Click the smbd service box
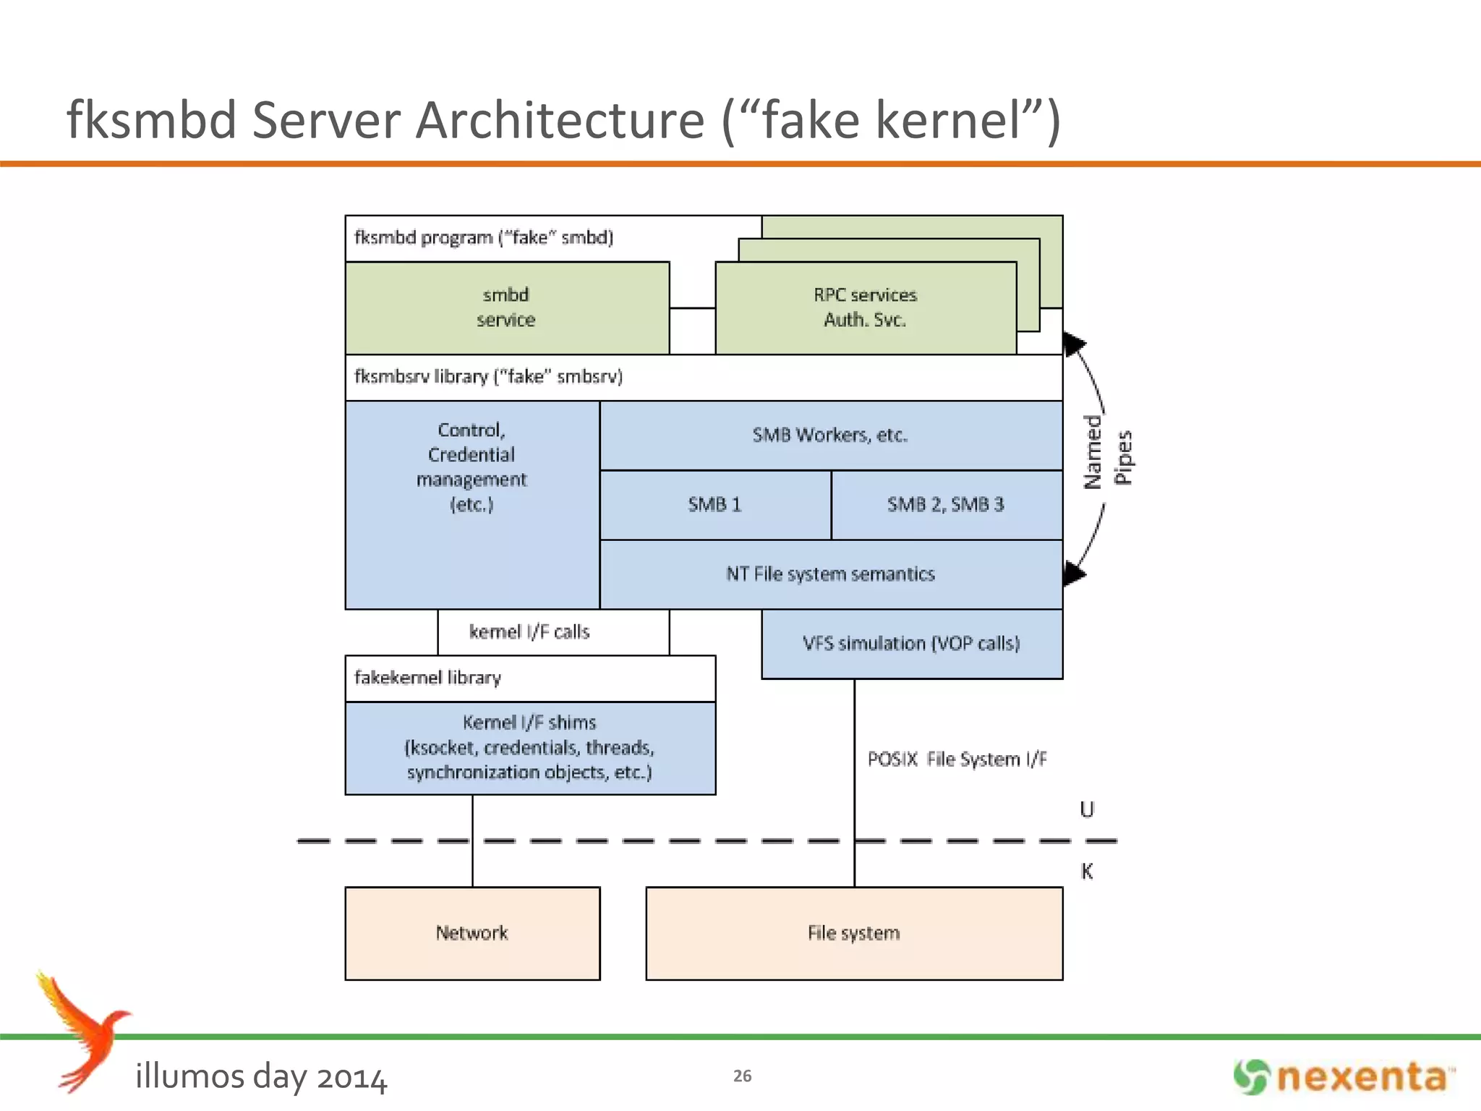click(506, 307)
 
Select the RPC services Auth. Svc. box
click(865, 307)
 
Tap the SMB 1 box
click(714, 505)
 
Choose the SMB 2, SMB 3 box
click(946, 505)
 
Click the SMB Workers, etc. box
click(830, 435)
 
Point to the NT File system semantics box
click(830, 574)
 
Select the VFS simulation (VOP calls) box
click(911, 644)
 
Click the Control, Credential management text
click(471, 467)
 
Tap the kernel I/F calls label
click(529, 632)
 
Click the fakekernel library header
click(428, 678)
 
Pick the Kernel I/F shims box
click(529, 748)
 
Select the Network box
click(471, 933)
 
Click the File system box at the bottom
click(853, 933)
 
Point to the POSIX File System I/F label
click(957, 759)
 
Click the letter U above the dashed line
click(1086, 809)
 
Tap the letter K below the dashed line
click(1086, 872)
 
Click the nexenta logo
click(1344, 1077)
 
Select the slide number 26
click(742, 1076)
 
